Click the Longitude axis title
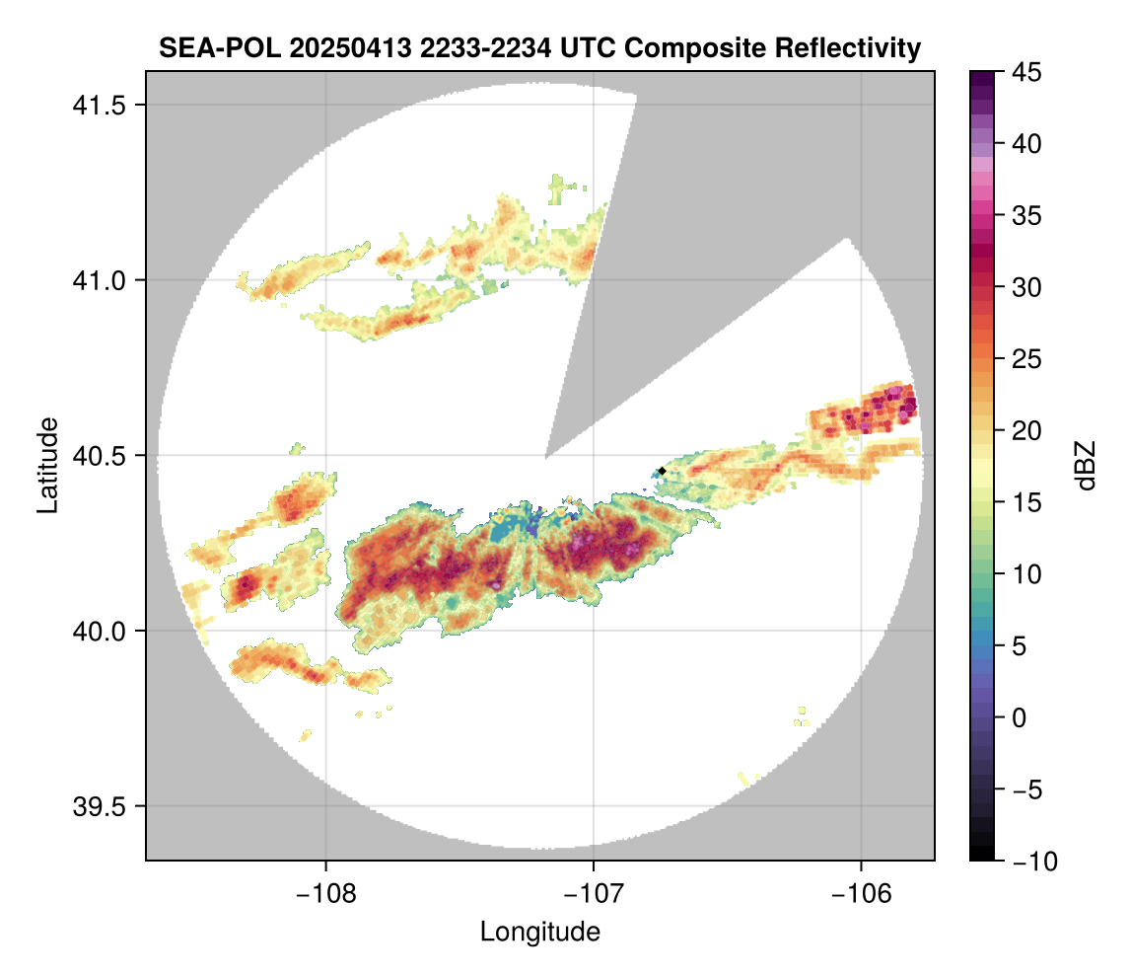coord(539,932)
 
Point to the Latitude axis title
coord(46,464)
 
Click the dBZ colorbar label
coord(1086,466)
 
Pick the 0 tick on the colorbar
coord(1022,717)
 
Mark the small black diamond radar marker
coord(662,471)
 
